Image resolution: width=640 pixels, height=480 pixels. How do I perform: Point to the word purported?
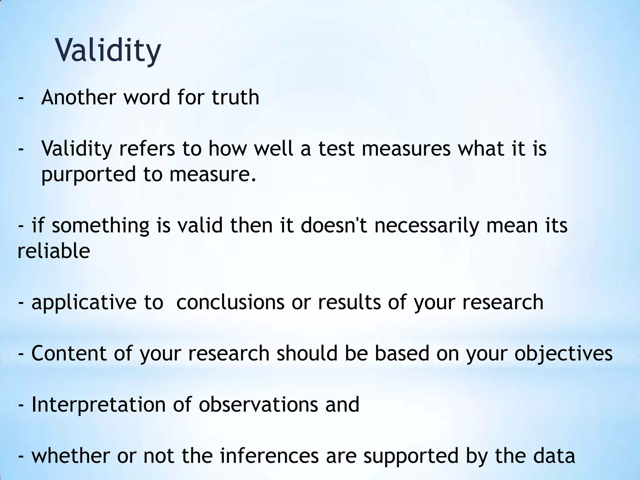[88, 174]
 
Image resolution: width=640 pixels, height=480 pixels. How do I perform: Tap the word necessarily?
[427, 226]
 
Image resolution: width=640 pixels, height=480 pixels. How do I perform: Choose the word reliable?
[54, 251]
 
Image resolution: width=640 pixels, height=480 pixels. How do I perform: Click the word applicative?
[84, 302]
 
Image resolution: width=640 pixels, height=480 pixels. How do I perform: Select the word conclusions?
[230, 302]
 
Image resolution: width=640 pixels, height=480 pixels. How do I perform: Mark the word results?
[349, 302]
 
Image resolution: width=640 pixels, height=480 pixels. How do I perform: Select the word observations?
[259, 405]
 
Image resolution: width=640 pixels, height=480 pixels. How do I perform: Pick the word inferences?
[269, 456]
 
